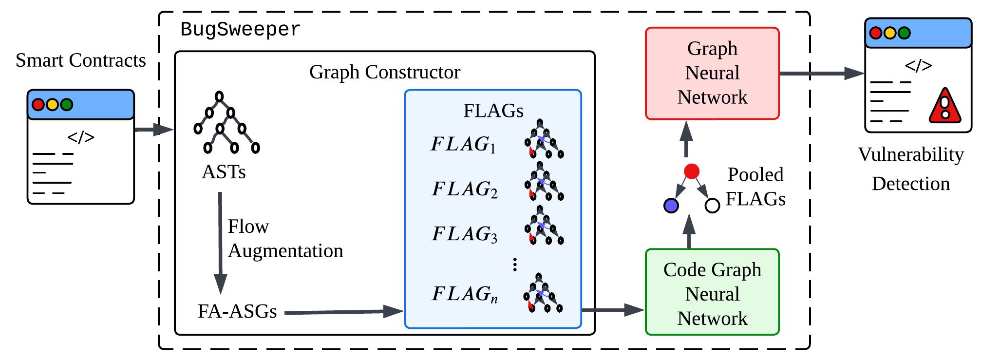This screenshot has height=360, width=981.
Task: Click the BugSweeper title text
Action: [240, 29]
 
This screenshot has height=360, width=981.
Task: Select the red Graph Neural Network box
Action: [712, 73]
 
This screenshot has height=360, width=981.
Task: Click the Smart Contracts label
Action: [80, 60]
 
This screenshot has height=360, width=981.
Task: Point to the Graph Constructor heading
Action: [384, 72]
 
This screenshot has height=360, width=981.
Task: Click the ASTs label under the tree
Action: [224, 172]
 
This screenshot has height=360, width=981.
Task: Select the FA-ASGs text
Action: [237, 311]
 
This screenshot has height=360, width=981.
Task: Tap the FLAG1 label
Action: [463, 144]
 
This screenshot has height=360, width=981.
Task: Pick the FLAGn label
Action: [465, 294]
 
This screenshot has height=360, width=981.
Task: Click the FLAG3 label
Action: [465, 234]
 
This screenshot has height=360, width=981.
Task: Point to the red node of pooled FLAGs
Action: [691, 171]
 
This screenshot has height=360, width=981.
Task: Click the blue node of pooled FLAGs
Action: [671, 206]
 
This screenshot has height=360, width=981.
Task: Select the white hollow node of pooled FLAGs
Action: [712, 206]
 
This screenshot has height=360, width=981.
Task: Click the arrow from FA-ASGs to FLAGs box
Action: [343, 312]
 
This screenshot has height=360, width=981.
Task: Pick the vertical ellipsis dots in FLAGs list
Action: [515, 265]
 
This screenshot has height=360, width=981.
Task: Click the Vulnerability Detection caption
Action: [910, 169]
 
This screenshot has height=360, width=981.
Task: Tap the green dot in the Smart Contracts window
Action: [67, 105]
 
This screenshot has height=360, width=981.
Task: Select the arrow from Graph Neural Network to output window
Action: [821, 74]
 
